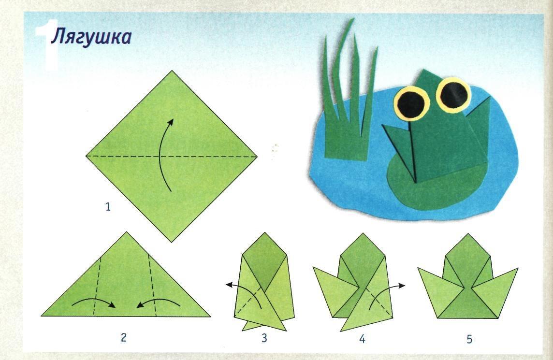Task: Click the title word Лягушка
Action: pyautogui.click(x=91, y=37)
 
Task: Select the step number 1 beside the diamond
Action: pyautogui.click(x=108, y=206)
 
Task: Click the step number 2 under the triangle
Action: pyautogui.click(x=123, y=337)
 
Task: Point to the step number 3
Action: pyautogui.click(x=264, y=338)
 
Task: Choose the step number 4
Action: pyautogui.click(x=362, y=339)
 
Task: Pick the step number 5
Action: pyautogui.click(x=469, y=339)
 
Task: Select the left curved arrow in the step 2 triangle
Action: pyautogui.click(x=94, y=301)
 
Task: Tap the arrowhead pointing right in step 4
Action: pyautogui.click(x=401, y=286)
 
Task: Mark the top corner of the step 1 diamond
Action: pyautogui.click(x=172, y=71)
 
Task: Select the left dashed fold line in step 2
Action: pyautogui.click(x=97, y=286)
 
